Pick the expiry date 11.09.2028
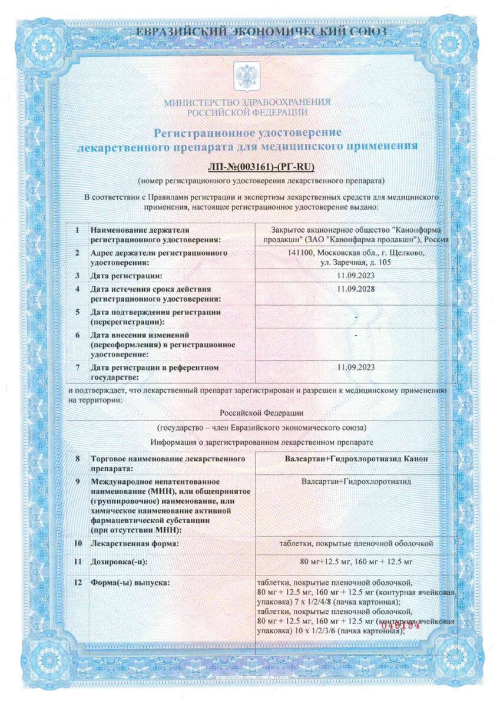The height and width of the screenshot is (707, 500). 356,288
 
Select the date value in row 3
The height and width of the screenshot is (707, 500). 356,275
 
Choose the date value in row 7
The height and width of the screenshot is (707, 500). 356,367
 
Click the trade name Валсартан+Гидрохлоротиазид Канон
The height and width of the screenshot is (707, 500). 356,458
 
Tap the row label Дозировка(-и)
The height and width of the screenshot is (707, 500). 120,561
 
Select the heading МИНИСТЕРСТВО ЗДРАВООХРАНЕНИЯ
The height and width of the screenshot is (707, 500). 247,102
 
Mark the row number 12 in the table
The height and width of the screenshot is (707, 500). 77,583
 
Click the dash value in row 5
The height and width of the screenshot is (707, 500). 356,318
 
